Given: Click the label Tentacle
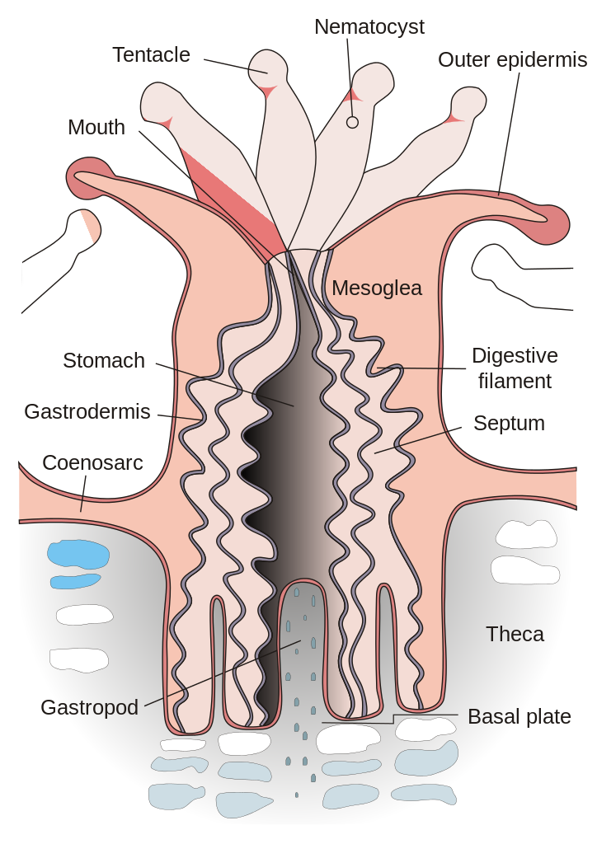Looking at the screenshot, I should pyautogui.click(x=151, y=55).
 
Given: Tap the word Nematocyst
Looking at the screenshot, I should pyautogui.click(x=369, y=27).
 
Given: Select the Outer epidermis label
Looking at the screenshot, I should pyautogui.click(x=512, y=60).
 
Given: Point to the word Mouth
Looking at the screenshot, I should pyautogui.click(x=96, y=127).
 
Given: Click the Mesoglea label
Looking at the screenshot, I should pyautogui.click(x=377, y=288).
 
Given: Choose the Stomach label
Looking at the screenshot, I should pyautogui.click(x=104, y=360).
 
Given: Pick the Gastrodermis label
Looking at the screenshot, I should pyautogui.click(x=87, y=411).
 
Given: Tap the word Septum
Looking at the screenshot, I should pyautogui.click(x=509, y=424).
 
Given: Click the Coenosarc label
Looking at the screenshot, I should pyautogui.click(x=92, y=463).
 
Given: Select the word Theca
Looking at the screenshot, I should pyautogui.click(x=515, y=634).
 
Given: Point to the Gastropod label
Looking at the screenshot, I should pyautogui.click(x=89, y=707).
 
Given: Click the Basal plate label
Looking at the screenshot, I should pyautogui.click(x=519, y=716).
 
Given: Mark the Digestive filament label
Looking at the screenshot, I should pyautogui.click(x=515, y=368).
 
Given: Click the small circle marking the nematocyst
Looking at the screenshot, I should pyautogui.click(x=352, y=122).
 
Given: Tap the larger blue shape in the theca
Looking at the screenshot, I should pyautogui.click(x=78, y=553).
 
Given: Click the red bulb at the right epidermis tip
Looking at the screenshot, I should pyautogui.click(x=557, y=224).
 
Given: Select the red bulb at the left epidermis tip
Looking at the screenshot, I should pyautogui.click(x=82, y=182).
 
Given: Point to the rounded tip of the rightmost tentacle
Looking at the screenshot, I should pyautogui.click(x=469, y=103).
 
